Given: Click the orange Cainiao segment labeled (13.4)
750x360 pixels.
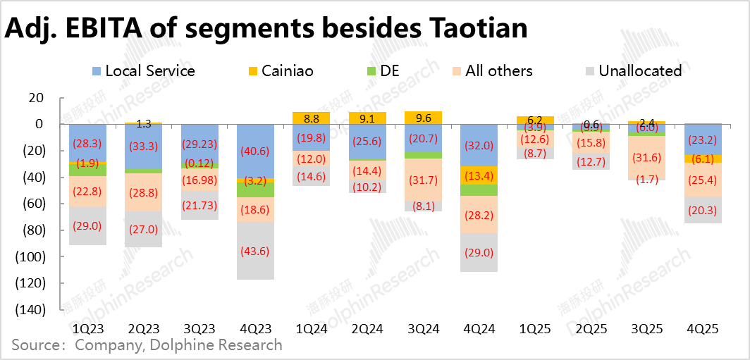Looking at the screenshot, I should [x=479, y=175].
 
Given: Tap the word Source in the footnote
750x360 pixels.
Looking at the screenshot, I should [x=36, y=345].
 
